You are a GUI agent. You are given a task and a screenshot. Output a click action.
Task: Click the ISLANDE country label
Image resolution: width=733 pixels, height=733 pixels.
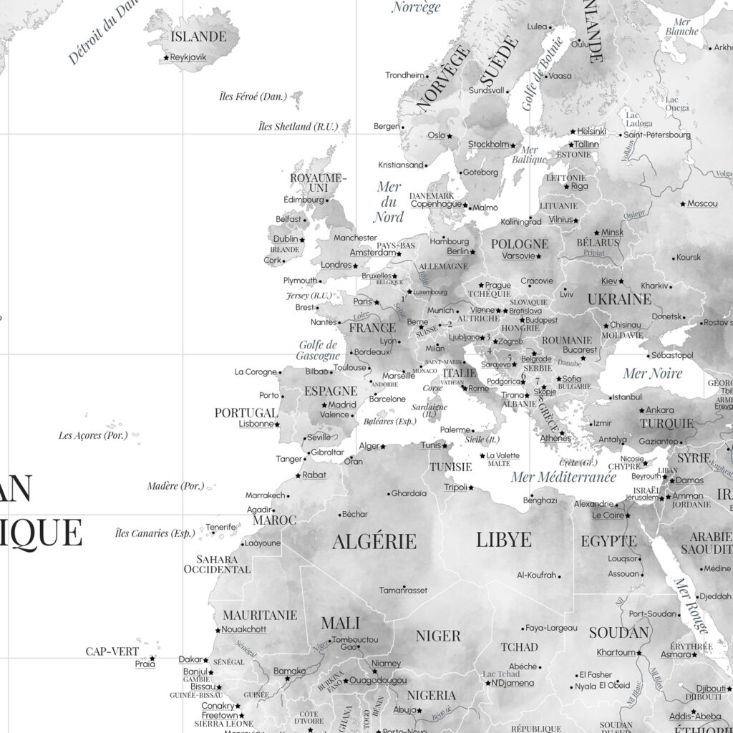(x=197, y=37)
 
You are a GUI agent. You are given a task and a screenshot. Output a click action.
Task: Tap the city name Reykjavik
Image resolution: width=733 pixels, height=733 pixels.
(x=188, y=57)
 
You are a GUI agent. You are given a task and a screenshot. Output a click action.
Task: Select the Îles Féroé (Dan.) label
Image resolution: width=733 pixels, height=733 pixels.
(x=253, y=96)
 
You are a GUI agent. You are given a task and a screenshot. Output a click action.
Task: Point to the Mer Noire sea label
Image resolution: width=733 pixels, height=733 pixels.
(x=652, y=373)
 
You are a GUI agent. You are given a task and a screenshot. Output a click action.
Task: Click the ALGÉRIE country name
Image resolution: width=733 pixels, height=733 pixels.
(x=374, y=540)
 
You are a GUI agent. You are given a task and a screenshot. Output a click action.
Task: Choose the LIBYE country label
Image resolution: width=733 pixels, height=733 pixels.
(x=504, y=539)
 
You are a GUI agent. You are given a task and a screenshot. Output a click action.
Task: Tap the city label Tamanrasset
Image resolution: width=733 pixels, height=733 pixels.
(x=403, y=590)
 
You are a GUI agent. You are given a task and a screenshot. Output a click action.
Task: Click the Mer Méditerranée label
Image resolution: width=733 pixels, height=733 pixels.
(x=563, y=477)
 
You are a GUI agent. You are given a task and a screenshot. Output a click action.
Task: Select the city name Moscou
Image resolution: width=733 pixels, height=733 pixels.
(x=702, y=204)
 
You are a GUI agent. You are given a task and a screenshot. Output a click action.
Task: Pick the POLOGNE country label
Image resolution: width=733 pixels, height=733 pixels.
(x=520, y=244)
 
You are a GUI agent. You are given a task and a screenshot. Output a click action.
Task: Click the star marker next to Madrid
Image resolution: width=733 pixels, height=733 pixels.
(x=323, y=405)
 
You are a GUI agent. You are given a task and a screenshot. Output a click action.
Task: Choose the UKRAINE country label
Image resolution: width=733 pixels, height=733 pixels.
(x=619, y=298)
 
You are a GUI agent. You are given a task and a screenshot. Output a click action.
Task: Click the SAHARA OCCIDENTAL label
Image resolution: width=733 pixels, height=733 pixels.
(x=217, y=564)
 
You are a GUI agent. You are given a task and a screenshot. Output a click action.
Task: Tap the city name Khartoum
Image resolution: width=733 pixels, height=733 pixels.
(x=616, y=653)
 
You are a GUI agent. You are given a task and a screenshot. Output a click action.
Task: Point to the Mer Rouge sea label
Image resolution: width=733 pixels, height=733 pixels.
(x=691, y=606)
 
